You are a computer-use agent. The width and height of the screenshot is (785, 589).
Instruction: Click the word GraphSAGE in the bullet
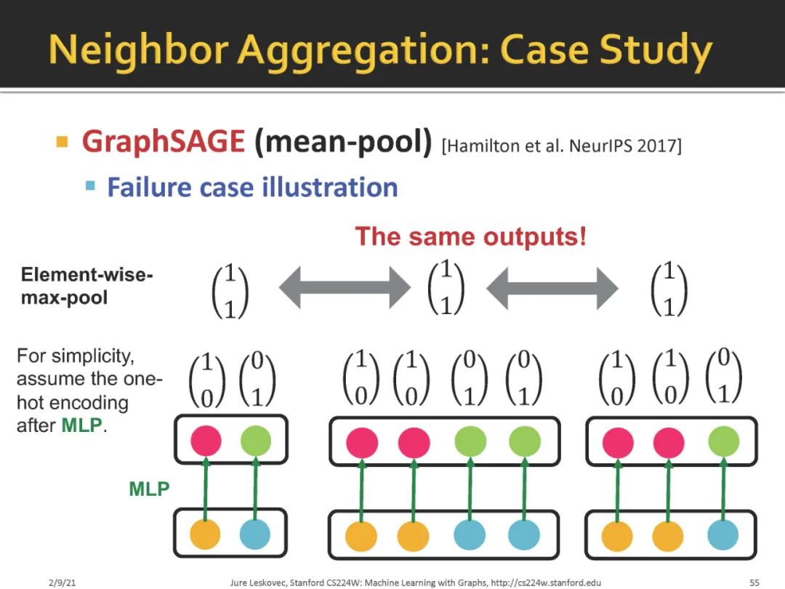[164, 141]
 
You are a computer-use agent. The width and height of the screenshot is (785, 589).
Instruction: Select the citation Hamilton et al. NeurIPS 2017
[561, 145]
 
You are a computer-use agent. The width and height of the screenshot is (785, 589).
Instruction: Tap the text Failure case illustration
[252, 187]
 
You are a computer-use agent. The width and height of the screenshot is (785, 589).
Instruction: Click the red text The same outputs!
[470, 237]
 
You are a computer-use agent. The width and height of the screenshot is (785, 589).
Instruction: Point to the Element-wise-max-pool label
[87, 286]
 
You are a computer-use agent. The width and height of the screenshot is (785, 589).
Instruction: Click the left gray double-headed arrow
[345, 287]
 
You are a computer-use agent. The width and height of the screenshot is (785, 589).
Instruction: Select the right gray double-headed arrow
[552, 287]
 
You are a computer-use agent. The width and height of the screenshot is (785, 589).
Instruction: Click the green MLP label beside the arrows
[149, 489]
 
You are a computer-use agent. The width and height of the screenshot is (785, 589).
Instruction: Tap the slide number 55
[754, 582]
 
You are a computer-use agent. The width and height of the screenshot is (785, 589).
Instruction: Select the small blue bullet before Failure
[90, 185]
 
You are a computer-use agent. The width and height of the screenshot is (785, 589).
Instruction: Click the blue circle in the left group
[255, 534]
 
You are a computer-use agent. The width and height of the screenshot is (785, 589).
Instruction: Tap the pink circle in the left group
[206, 441]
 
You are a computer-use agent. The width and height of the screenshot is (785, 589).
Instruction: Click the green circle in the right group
[724, 441]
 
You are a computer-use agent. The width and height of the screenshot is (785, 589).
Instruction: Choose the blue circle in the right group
[724, 534]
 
